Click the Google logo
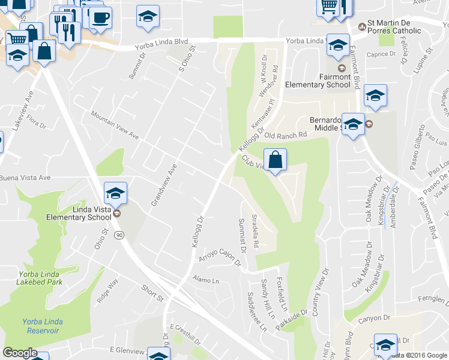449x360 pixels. [x=20, y=353]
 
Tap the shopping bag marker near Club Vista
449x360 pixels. [x=275, y=160]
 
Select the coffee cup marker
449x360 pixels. [x=100, y=17]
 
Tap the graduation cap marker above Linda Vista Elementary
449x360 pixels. [x=115, y=194]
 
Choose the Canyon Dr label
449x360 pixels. [x=374, y=319]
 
